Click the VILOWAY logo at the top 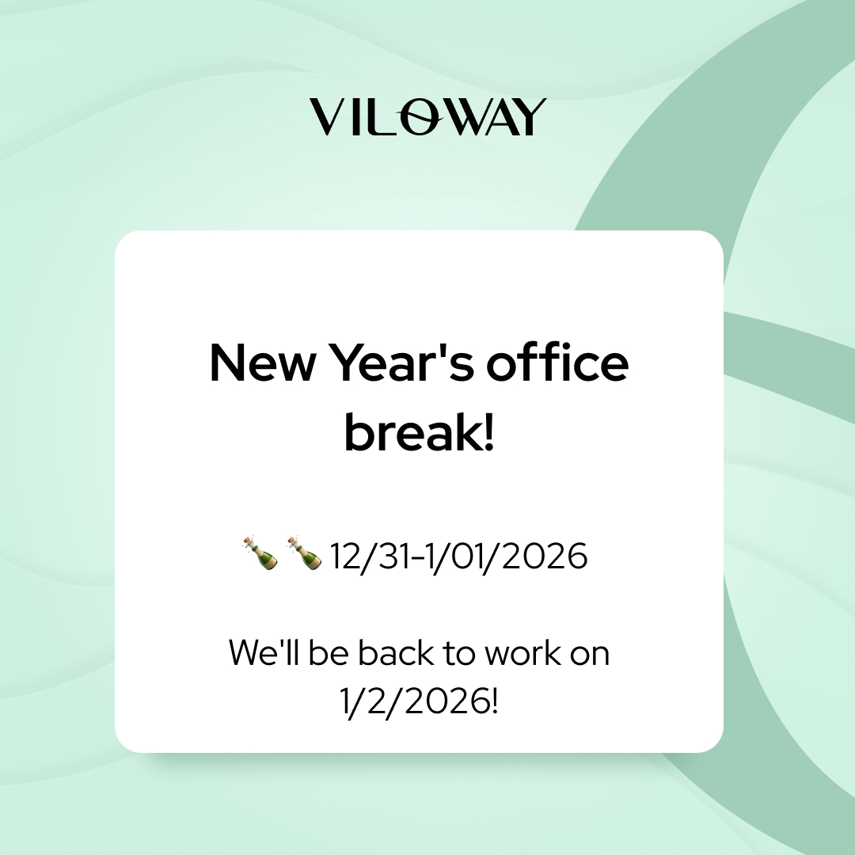[x=427, y=116]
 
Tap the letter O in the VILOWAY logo [x=420, y=117]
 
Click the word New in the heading [x=262, y=363]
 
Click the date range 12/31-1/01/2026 [x=458, y=557]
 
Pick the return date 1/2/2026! [x=419, y=701]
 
